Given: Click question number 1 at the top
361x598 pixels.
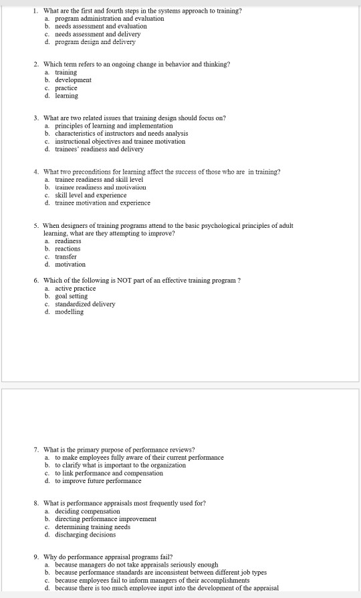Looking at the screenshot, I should [x=35, y=11].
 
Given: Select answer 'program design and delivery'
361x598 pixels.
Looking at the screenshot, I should [x=95, y=41].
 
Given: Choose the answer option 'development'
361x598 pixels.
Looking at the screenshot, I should [x=73, y=80].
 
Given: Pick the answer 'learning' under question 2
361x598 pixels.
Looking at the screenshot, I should [x=67, y=96].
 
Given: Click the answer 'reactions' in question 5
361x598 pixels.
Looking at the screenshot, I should [x=68, y=249].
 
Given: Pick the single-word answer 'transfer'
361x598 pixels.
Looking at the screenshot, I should [x=66, y=257].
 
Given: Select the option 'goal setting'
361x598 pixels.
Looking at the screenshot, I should [x=72, y=297].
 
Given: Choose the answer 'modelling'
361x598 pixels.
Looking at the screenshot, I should [x=70, y=312].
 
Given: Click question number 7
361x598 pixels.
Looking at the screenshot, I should [x=35, y=450].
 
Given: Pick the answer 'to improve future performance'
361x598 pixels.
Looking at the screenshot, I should [x=98, y=480].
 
